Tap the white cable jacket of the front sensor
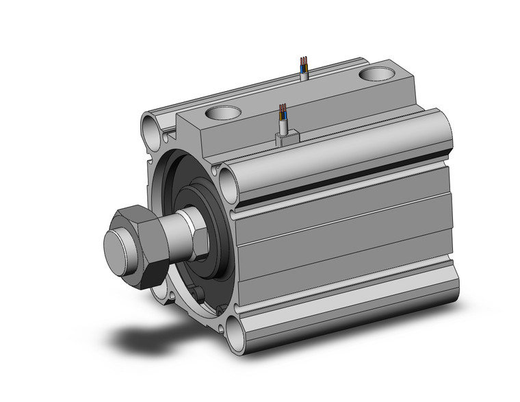point(283,125)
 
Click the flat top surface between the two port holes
point(301,96)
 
